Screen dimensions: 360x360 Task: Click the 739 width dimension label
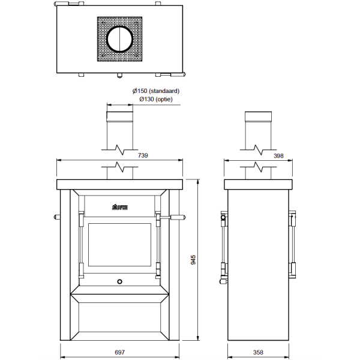pyautogui.click(x=143, y=155)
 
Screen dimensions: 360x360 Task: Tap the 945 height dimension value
pyautogui.click(x=193, y=260)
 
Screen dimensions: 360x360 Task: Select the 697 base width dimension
pyautogui.click(x=119, y=352)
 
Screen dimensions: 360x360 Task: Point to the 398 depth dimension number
pyautogui.click(x=278, y=156)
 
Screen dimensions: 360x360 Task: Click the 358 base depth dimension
pyautogui.click(x=258, y=352)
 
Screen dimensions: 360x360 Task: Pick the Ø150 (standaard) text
pyautogui.click(x=156, y=91)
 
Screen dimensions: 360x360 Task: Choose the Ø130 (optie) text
pyautogui.click(x=156, y=99)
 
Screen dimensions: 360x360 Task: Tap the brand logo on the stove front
pyautogui.click(x=119, y=207)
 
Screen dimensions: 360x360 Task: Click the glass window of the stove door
pyautogui.click(x=119, y=245)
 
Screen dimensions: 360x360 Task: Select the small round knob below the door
pyautogui.click(x=119, y=281)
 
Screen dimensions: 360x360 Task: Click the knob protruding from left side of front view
pyautogui.click(x=57, y=217)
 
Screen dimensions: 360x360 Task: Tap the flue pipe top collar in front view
pyautogui.click(x=120, y=116)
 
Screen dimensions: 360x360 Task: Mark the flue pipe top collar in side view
pyautogui.click(x=258, y=116)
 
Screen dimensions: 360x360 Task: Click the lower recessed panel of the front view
pyautogui.click(x=119, y=317)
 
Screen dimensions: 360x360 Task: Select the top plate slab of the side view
pyautogui.click(x=258, y=185)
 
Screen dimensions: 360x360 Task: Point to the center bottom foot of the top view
pyautogui.click(x=119, y=76)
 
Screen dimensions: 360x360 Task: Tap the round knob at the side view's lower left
pyautogui.click(x=223, y=281)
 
